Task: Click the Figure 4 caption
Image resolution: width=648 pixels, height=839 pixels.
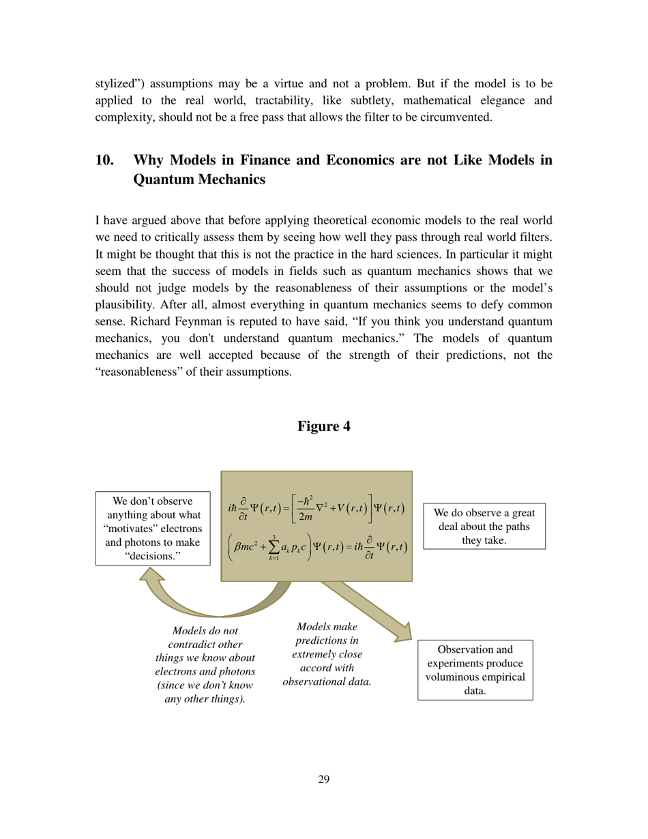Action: (324, 426)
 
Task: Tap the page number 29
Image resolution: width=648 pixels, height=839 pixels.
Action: (324, 779)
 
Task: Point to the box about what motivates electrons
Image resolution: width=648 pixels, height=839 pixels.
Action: (153, 529)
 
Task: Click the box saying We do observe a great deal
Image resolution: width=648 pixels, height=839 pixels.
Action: (484, 526)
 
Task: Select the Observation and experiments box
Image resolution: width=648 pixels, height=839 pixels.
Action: (475, 669)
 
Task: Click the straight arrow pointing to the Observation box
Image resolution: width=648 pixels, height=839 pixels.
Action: (368, 610)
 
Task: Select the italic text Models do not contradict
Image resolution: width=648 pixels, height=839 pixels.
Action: (205, 665)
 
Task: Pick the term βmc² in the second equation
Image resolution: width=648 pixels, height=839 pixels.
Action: (246, 547)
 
